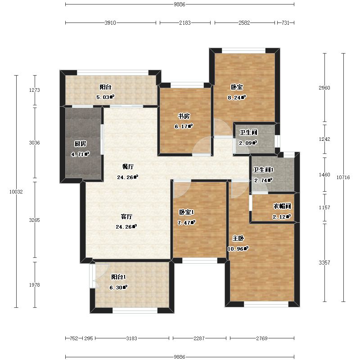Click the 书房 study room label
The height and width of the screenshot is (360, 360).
tap(184, 117)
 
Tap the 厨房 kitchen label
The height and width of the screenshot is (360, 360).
tap(81, 144)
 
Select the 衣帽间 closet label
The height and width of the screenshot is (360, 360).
tap(282, 206)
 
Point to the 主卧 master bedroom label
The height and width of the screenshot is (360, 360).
tap(238, 238)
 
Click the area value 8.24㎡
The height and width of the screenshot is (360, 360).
tap(237, 97)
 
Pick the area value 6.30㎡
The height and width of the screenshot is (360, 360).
tap(118, 287)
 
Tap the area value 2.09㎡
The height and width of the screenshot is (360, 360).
tap(248, 143)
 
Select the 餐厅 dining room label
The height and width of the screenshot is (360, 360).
tap(128, 166)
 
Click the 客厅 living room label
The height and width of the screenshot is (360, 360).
tap(127, 216)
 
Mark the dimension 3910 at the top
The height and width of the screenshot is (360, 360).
tap(110, 23)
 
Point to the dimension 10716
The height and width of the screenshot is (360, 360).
tap(343, 177)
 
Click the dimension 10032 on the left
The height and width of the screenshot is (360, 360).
tap(16, 192)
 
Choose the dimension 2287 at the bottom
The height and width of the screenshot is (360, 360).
tap(199, 338)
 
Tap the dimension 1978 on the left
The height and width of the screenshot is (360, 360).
tap(35, 285)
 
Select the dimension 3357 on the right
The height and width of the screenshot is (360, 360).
tap(324, 263)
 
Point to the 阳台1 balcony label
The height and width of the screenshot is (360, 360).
tap(118, 277)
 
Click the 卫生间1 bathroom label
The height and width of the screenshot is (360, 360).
tap(263, 170)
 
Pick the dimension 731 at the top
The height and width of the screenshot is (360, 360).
tap(285, 23)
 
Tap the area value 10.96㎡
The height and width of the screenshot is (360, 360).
tap(238, 249)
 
